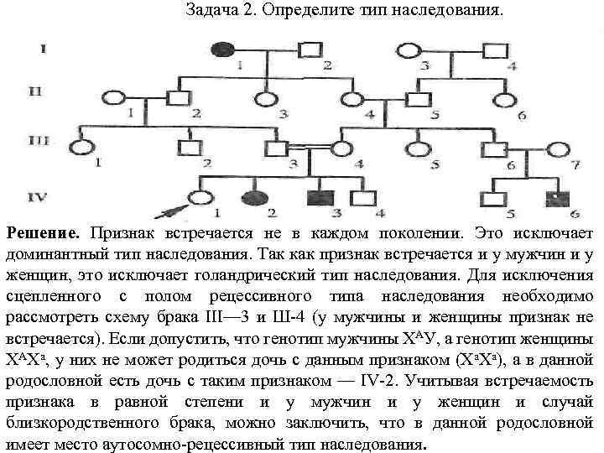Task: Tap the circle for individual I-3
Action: pyautogui.click(x=409, y=49)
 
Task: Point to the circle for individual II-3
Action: pyautogui.click(x=268, y=97)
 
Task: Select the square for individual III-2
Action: pyautogui.click(x=190, y=148)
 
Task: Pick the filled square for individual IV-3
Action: pyautogui.click(x=318, y=198)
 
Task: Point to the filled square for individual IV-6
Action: pyautogui.click(x=555, y=198)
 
